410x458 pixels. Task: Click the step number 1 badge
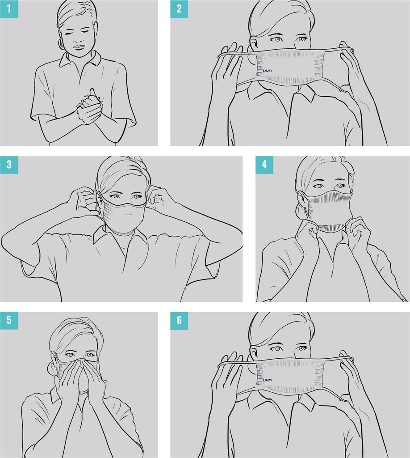tap(9, 9)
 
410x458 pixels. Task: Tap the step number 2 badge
tap(179, 9)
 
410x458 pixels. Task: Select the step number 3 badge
tap(9, 165)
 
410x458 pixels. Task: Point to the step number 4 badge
tap(264, 165)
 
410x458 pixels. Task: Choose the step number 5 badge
tap(9, 320)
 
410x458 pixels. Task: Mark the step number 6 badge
tap(179, 320)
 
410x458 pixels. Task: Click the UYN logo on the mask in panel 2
tap(267, 71)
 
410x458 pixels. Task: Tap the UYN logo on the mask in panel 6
tap(267, 380)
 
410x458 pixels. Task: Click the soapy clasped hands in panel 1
tap(89, 109)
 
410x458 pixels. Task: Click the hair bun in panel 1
tap(62, 43)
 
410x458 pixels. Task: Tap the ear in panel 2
tap(253, 44)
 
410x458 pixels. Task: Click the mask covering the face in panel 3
tap(122, 214)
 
